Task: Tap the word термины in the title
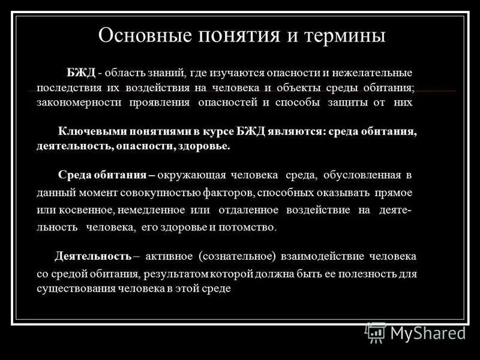(x=346, y=35)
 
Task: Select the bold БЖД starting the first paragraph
(x=81, y=73)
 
